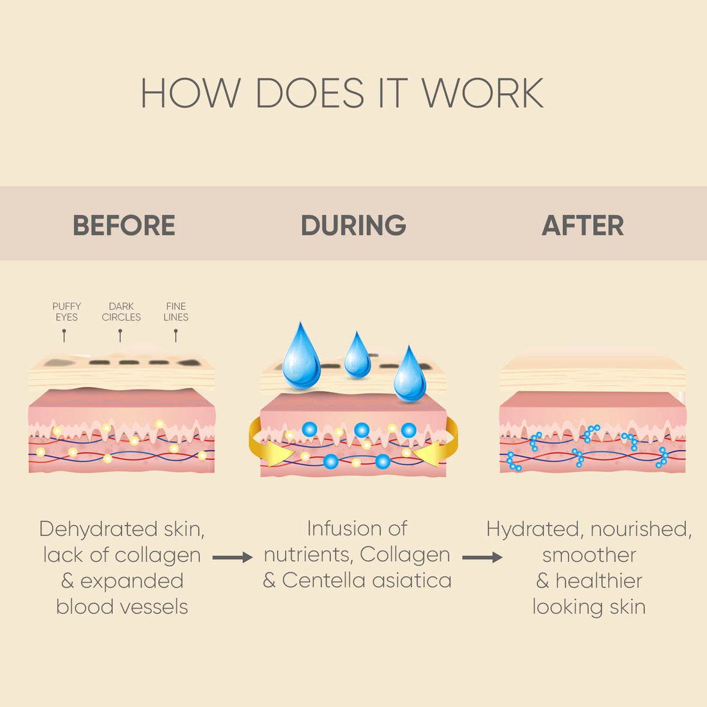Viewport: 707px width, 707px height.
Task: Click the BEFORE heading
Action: pyautogui.click(x=124, y=226)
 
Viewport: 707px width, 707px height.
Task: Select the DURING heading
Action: pyautogui.click(x=353, y=226)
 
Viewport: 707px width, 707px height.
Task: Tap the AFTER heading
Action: pyautogui.click(x=582, y=226)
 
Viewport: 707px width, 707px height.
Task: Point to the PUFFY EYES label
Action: pyautogui.click(x=66, y=312)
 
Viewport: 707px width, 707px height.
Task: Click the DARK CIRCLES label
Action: pyautogui.click(x=121, y=312)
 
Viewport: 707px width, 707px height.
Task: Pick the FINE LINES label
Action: pyautogui.click(x=175, y=312)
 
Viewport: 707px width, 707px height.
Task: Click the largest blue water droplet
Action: pyautogui.click(x=301, y=357)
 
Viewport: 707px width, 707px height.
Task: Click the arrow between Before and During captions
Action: pyautogui.click(x=232, y=557)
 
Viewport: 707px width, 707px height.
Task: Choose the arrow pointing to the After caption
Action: pyautogui.click(x=482, y=557)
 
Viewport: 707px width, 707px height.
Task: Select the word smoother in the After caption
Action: pyautogui.click(x=589, y=555)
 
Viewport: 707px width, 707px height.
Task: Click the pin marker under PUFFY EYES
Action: pyautogui.click(x=64, y=335)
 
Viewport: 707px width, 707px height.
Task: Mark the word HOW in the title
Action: pyautogui.click(x=190, y=93)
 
